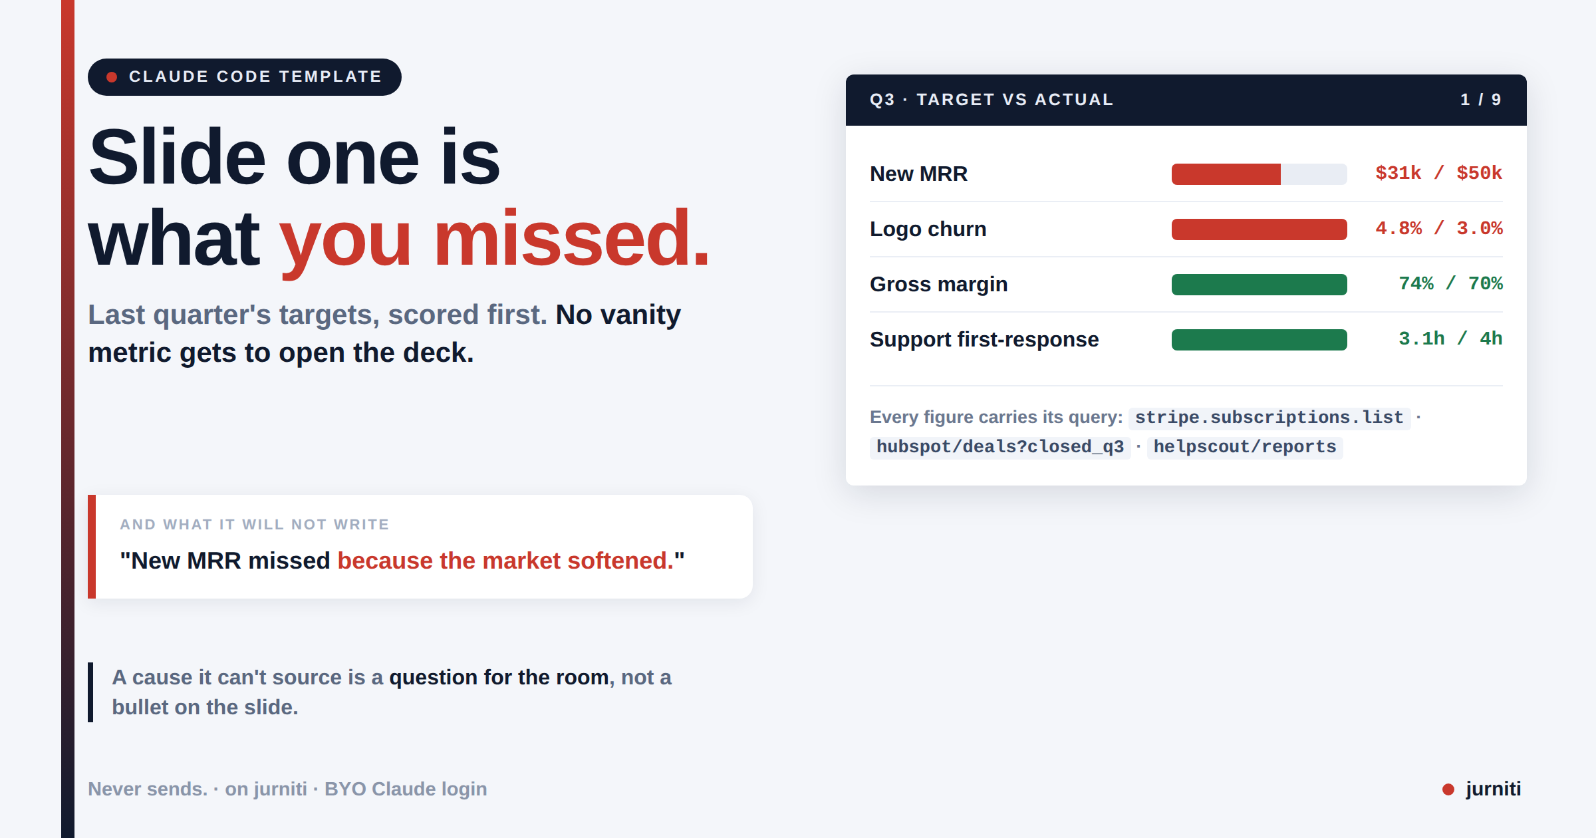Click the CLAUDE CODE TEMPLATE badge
click(x=244, y=77)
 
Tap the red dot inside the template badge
click(x=112, y=77)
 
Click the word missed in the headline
click(x=572, y=237)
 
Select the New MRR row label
click(x=918, y=174)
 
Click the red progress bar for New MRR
click(x=1226, y=174)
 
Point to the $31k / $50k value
click(x=1438, y=173)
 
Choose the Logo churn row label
click(x=928, y=229)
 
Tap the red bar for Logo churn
click(x=1259, y=229)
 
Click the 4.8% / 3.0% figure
click(x=1438, y=228)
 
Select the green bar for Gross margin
click(x=1259, y=285)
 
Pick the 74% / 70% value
click(x=1450, y=283)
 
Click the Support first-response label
click(x=984, y=339)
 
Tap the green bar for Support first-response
click(x=1259, y=340)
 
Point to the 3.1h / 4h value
click(x=1450, y=339)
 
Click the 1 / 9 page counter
click(x=1481, y=100)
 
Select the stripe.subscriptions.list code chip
click(x=1269, y=418)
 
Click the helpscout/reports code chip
click(x=1244, y=447)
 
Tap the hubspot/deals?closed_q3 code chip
click(x=999, y=447)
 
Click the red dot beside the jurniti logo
click(x=1448, y=789)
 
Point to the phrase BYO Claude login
click(x=406, y=789)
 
